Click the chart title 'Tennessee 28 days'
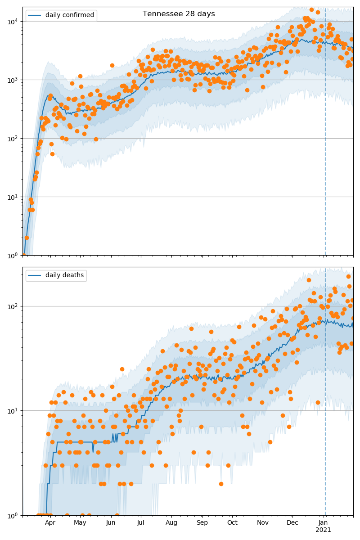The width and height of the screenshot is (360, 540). [179, 14]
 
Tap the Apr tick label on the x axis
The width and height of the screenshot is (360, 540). [50, 522]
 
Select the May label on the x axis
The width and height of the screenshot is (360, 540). [80, 522]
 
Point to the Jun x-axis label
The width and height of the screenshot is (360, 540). [111, 522]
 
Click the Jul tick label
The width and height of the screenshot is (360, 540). [140, 522]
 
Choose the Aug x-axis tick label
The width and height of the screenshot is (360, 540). [171, 522]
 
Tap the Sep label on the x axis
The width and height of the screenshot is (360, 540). [202, 522]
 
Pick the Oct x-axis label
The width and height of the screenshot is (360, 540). [232, 522]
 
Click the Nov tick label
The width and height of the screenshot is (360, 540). [263, 522]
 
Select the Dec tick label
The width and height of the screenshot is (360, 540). [292, 522]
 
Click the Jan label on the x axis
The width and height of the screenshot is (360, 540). [323, 522]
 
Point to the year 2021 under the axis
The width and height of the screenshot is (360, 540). [323, 530]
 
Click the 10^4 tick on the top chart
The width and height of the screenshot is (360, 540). [12, 21]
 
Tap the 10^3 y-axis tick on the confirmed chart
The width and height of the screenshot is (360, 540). [12, 80]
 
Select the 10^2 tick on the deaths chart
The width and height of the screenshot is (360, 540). [12, 306]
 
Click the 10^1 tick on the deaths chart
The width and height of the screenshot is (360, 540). [12, 410]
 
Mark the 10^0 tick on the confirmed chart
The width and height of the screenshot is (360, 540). [12, 255]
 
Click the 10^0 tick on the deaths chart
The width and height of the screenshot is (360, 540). [12, 515]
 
